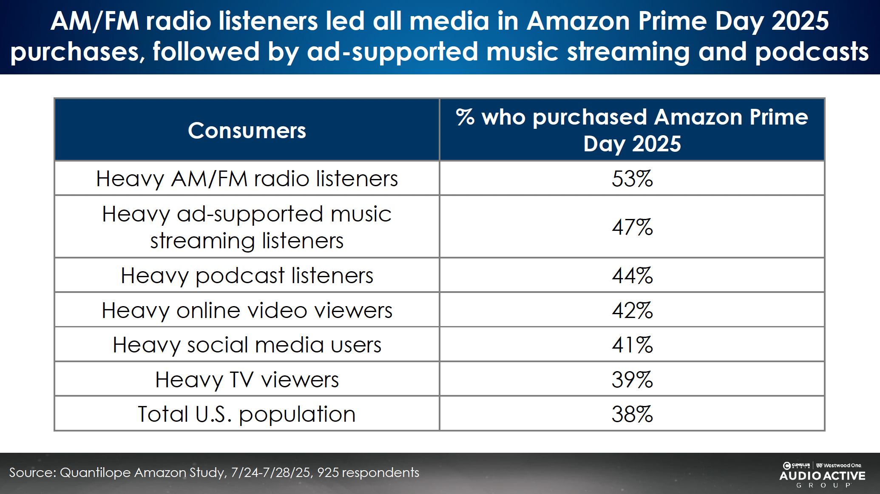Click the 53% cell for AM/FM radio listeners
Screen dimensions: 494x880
click(632, 179)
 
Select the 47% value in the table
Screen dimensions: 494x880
click(632, 227)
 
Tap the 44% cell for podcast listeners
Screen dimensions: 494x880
click(632, 275)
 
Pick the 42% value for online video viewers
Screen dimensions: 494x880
click(632, 310)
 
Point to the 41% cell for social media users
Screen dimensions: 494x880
click(632, 345)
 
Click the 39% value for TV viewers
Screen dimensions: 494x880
click(632, 380)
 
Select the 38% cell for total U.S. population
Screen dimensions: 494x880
click(632, 414)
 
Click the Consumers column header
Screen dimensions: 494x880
click(247, 131)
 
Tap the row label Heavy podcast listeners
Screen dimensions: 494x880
click(247, 275)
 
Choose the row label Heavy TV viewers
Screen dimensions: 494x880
click(247, 380)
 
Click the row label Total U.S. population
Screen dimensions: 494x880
click(247, 414)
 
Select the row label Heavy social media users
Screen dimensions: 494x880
click(247, 345)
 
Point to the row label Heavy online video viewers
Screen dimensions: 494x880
click(247, 310)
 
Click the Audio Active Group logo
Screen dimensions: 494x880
click(822, 475)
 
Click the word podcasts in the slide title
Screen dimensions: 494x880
click(812, 51)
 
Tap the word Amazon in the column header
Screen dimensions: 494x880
click(698, 117)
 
